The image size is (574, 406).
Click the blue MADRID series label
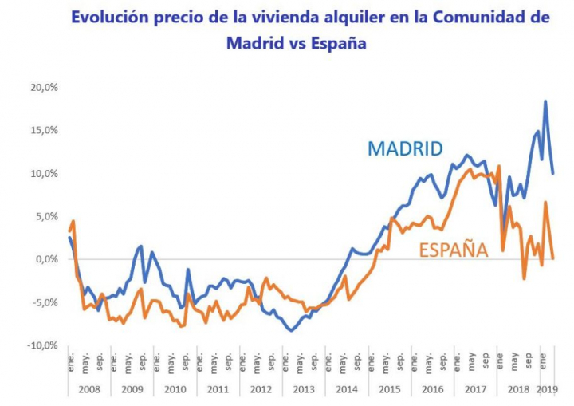(x=405, y=148)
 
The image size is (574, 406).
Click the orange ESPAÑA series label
(x=453, y=250)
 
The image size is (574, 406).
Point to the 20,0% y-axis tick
(x=44, y=87)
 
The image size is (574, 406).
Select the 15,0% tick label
(x=44, y=130)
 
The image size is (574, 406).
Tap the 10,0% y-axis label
(x=44, y=173)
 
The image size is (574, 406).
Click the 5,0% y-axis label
(x=46, y=216)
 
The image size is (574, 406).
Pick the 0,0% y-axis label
(x=46, y=259)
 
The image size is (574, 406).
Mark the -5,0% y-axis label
(x=45, y=302)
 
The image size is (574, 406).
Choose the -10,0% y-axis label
(x=42, y=345)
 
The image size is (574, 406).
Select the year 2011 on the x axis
(x=218, y=389)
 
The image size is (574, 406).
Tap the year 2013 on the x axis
(x=304, y=389)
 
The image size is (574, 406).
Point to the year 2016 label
(x=433, y=389)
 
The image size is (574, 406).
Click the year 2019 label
(x=546, y=389)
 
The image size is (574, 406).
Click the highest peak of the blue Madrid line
(x=545, y=101)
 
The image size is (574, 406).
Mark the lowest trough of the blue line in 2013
(x=292, y=330)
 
